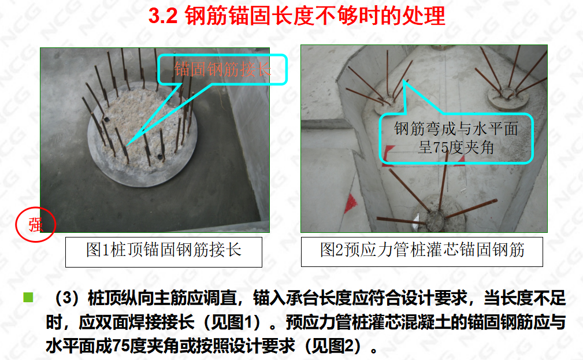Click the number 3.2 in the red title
point(163,16)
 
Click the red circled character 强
point(36,225)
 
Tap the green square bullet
point(28,298)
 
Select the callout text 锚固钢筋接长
point(222,69)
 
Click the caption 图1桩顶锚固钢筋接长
point(164,250)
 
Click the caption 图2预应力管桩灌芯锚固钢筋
point(422,250)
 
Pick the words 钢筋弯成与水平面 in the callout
point(456,129)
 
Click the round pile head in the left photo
point(142,134)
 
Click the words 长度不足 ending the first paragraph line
point(525,298)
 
